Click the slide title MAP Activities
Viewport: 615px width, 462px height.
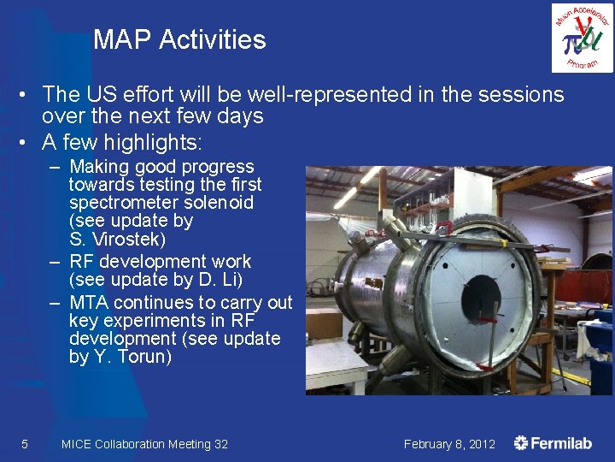[x=179, y=40]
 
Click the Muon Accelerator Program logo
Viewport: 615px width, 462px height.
[x=581, y=37]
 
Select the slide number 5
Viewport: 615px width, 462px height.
[x=24, y=444]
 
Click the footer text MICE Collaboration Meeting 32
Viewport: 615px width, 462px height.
[x=144, y=444]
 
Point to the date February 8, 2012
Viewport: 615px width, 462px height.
[x=449, y=444]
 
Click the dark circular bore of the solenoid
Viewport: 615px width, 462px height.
[x=480, y=295]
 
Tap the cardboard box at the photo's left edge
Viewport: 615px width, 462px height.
[x=324, y=323]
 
